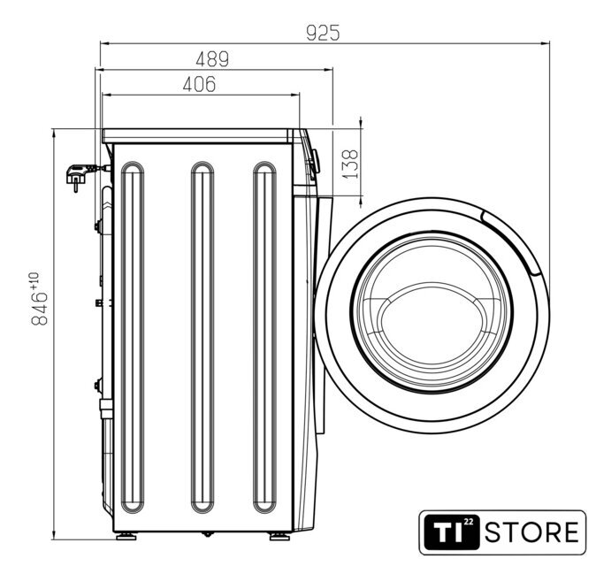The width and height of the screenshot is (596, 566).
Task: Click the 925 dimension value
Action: coord(323,33)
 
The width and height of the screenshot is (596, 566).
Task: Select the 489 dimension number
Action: coord(212,59)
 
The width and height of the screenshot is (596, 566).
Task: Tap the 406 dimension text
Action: coord(199,84)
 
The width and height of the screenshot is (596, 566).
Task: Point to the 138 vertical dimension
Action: coord(350,164)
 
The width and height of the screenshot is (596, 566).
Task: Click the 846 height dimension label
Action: coord(39,309)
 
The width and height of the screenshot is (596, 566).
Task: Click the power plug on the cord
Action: coord(78,176)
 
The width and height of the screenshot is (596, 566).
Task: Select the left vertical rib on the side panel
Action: coord(133,337)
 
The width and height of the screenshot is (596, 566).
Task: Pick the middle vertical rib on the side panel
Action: coord(202,337)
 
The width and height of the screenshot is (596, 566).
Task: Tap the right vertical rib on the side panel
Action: coord(264,337)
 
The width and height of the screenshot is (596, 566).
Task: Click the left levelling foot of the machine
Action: coord(126,536)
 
